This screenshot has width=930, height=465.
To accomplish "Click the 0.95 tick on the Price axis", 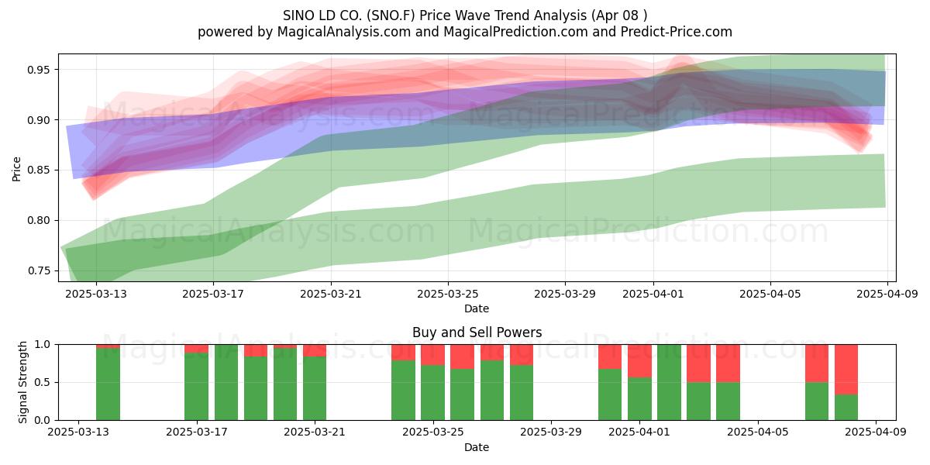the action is [x=38, y=70].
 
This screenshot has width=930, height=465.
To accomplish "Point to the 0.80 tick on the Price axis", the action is [x=38, y=220].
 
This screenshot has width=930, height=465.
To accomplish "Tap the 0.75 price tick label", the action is [x=38, y=270].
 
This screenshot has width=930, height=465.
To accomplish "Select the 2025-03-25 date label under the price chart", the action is [x=448, y=294].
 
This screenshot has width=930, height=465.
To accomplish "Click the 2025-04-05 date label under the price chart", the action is [x=770, y=294].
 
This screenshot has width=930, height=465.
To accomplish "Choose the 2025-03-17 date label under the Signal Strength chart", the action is [x=197, y=432].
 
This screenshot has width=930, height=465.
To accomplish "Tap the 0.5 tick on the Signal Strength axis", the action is [x=43, y=382].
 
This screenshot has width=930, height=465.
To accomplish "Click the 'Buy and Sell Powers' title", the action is [x=477, y=332].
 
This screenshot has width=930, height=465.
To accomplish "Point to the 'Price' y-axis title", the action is [x=16, y=170].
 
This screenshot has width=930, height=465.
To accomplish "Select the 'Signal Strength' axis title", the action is [x=22, y=382].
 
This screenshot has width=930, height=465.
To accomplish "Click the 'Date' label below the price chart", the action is [x=477, y=308].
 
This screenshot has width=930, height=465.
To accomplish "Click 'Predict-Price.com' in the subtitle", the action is [x=677, y=32].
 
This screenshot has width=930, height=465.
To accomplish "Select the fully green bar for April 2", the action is [x=669, y=382].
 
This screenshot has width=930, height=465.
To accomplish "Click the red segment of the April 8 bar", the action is [x=846, y=370].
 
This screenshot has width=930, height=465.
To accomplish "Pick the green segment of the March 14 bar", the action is [x=108, y=384].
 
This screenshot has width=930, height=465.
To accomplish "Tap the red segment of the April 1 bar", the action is [x=639, y=361].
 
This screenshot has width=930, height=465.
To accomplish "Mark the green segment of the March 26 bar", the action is [x=462, y=394].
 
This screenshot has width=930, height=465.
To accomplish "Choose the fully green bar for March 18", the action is [x=226, y=382].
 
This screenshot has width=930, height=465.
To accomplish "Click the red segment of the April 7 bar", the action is [x=817, y=363].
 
